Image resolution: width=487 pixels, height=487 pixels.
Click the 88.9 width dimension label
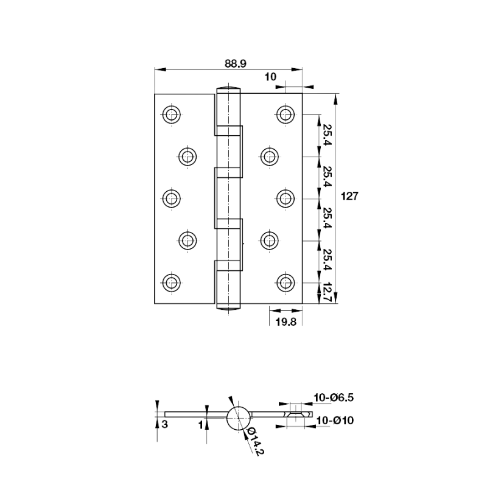pyautogui.click(x=236, y=64)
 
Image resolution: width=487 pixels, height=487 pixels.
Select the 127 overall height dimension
pyautogui.click(x=349, y=196)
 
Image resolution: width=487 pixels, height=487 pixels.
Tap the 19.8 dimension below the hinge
pyautogui.click(x=286, y=322)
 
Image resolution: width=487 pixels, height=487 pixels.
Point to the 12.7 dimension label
pyautogui.click(x=328, y=293)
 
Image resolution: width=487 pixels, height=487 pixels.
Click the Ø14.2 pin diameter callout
pyautogui.click(x=254, y=441)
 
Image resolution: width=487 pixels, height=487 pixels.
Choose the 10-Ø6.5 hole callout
pyautogui.click(x=334, y=398)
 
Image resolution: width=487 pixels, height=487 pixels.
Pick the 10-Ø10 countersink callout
pyautogui.click(x=335, y=421)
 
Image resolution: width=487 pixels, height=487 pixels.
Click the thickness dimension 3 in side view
pyautogui.click(x=165, y=424)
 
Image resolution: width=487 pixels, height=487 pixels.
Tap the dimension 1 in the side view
pyautogui.click(x=201, y=424)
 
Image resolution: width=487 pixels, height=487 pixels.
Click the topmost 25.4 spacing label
pyautogui.click(x=328, y=135)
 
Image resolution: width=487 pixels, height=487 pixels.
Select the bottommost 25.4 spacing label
pyautogui.click(x=328, y=260)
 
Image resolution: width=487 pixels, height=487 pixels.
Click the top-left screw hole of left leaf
pyautogui.click(x=172, y=114)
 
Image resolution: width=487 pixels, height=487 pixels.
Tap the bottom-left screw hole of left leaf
pyautogui.click(x=172, y=282)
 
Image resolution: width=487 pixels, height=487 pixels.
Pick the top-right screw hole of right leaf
pyautogui.click(x=286, y=114)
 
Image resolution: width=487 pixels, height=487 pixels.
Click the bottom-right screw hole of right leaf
pyautogui.click(x=286, y=282)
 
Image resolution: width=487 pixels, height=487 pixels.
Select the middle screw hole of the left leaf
pyautogui.click(x=172, y=198)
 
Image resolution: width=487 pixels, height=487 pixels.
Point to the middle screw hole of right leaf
pyautogui.click(x=286, y=198)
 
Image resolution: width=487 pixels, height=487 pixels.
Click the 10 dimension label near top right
pyautogui.click(x=270, y=77)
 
